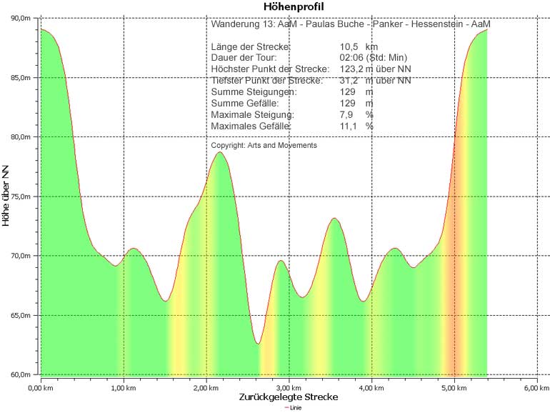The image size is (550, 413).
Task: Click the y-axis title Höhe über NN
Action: tap(6, 195)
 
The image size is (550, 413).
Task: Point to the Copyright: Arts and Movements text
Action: tap(264, 145)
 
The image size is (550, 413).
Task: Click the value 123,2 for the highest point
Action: tap(352, 69)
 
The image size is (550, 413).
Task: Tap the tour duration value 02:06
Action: tap(352, 57)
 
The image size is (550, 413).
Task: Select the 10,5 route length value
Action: tap(350, 46)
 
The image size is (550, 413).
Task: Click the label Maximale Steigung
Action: tap(252, 114)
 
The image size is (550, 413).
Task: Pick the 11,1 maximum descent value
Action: tap(349, 126)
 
